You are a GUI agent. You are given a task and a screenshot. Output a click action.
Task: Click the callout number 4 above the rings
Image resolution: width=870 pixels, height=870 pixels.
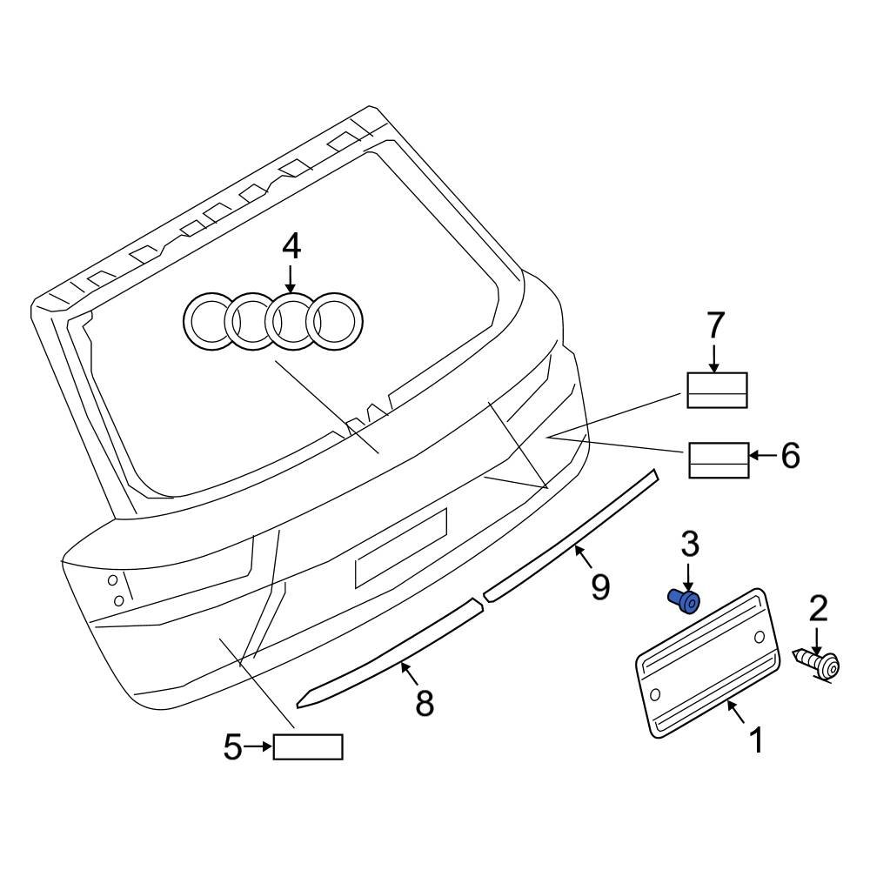point(291,247)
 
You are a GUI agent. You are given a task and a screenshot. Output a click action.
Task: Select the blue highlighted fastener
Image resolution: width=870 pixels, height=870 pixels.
point(686,600)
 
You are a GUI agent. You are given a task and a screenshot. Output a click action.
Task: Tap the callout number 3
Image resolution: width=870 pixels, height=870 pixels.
point(689,545)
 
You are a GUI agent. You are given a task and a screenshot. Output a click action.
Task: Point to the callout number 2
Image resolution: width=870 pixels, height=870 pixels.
point(819,609)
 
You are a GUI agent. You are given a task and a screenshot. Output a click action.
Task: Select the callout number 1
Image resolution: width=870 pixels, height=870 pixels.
point(757,740)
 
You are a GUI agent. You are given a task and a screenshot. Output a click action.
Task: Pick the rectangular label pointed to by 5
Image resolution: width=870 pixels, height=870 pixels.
point(308,746)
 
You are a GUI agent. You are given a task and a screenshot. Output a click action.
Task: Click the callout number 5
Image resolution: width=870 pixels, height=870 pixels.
point(232,746)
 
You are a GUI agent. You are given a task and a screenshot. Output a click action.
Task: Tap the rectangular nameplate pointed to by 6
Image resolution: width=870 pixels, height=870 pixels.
point(719,459)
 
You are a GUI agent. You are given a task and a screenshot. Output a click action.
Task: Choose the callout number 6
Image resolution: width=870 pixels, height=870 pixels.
point(789,455)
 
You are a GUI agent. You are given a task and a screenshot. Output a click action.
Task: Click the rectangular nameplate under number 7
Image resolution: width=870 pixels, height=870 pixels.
point(718,390)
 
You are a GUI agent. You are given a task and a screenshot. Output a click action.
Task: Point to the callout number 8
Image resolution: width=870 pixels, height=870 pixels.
point(424,703)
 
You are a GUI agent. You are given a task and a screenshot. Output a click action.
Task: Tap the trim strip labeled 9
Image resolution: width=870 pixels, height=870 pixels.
point(574,534)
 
